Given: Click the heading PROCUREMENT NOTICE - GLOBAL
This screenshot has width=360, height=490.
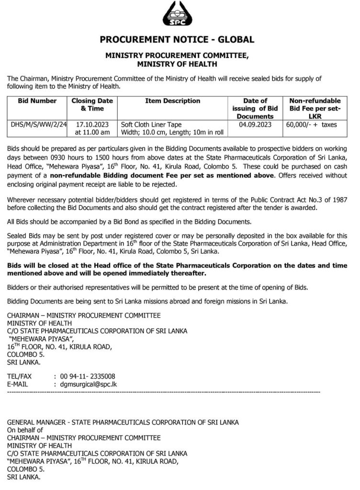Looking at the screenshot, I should tap(180, 40).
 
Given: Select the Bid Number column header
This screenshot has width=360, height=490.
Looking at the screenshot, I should tap(37, 101).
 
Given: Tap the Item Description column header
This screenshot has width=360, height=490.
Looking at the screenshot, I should tap(172, 101).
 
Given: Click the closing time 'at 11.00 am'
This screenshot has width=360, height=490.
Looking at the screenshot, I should tap(92, 132).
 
